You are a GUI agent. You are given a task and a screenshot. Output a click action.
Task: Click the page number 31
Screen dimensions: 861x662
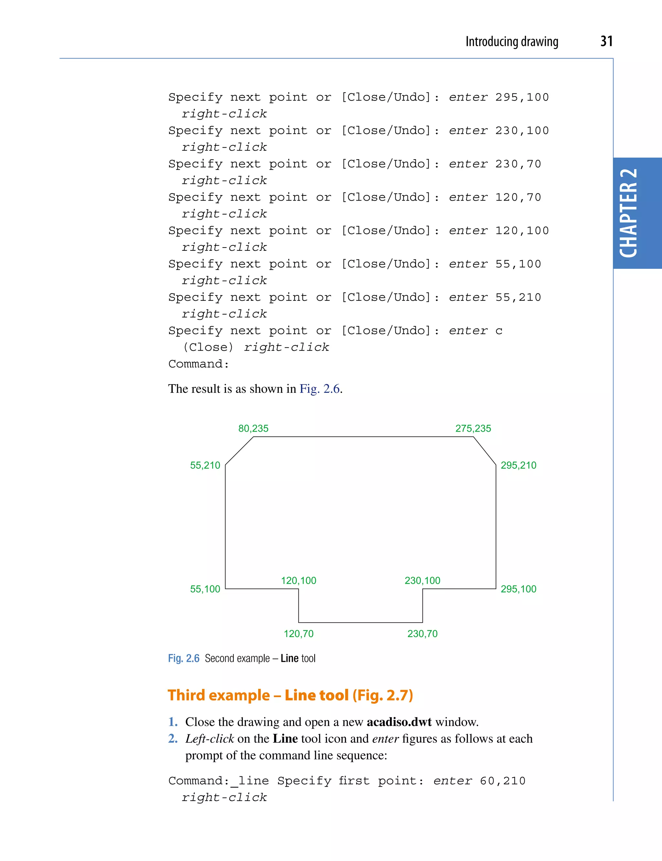coord(606,41)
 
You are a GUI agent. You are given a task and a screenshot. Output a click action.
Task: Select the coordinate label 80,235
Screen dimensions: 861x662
coord(253,428)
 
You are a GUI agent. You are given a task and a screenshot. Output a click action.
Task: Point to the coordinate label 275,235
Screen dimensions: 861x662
coord(473,428)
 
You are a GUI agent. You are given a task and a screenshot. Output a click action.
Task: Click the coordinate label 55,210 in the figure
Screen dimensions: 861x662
coord(205,465)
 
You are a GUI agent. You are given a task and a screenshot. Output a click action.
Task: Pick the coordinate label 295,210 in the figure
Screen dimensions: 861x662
coord(518,465)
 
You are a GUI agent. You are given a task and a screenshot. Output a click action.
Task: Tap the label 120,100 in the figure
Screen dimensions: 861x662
coord(298,581)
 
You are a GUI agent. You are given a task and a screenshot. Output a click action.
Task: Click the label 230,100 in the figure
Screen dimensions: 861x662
coord(422,581)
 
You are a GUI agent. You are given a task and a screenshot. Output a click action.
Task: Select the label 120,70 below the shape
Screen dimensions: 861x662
coord(298,634)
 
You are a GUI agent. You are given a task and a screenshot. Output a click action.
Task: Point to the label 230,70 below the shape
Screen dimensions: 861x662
coord(422,634)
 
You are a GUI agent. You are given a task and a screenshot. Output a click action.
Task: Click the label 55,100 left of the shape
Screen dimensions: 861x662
coord(205,589)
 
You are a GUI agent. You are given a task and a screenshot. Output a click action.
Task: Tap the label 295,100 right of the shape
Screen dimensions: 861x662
coord(518,589)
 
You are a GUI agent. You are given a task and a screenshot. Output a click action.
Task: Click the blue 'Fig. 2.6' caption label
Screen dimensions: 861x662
coord(184,658)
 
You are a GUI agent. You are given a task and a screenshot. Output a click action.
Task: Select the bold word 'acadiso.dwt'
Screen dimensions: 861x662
coord(399,722)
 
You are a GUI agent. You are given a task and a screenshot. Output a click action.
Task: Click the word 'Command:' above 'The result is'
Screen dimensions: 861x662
coord(198,364)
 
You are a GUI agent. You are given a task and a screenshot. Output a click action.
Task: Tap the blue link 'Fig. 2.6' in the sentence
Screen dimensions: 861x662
coord(320,389)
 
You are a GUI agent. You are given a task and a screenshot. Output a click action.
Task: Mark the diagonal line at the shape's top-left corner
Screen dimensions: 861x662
coord(239,451)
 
